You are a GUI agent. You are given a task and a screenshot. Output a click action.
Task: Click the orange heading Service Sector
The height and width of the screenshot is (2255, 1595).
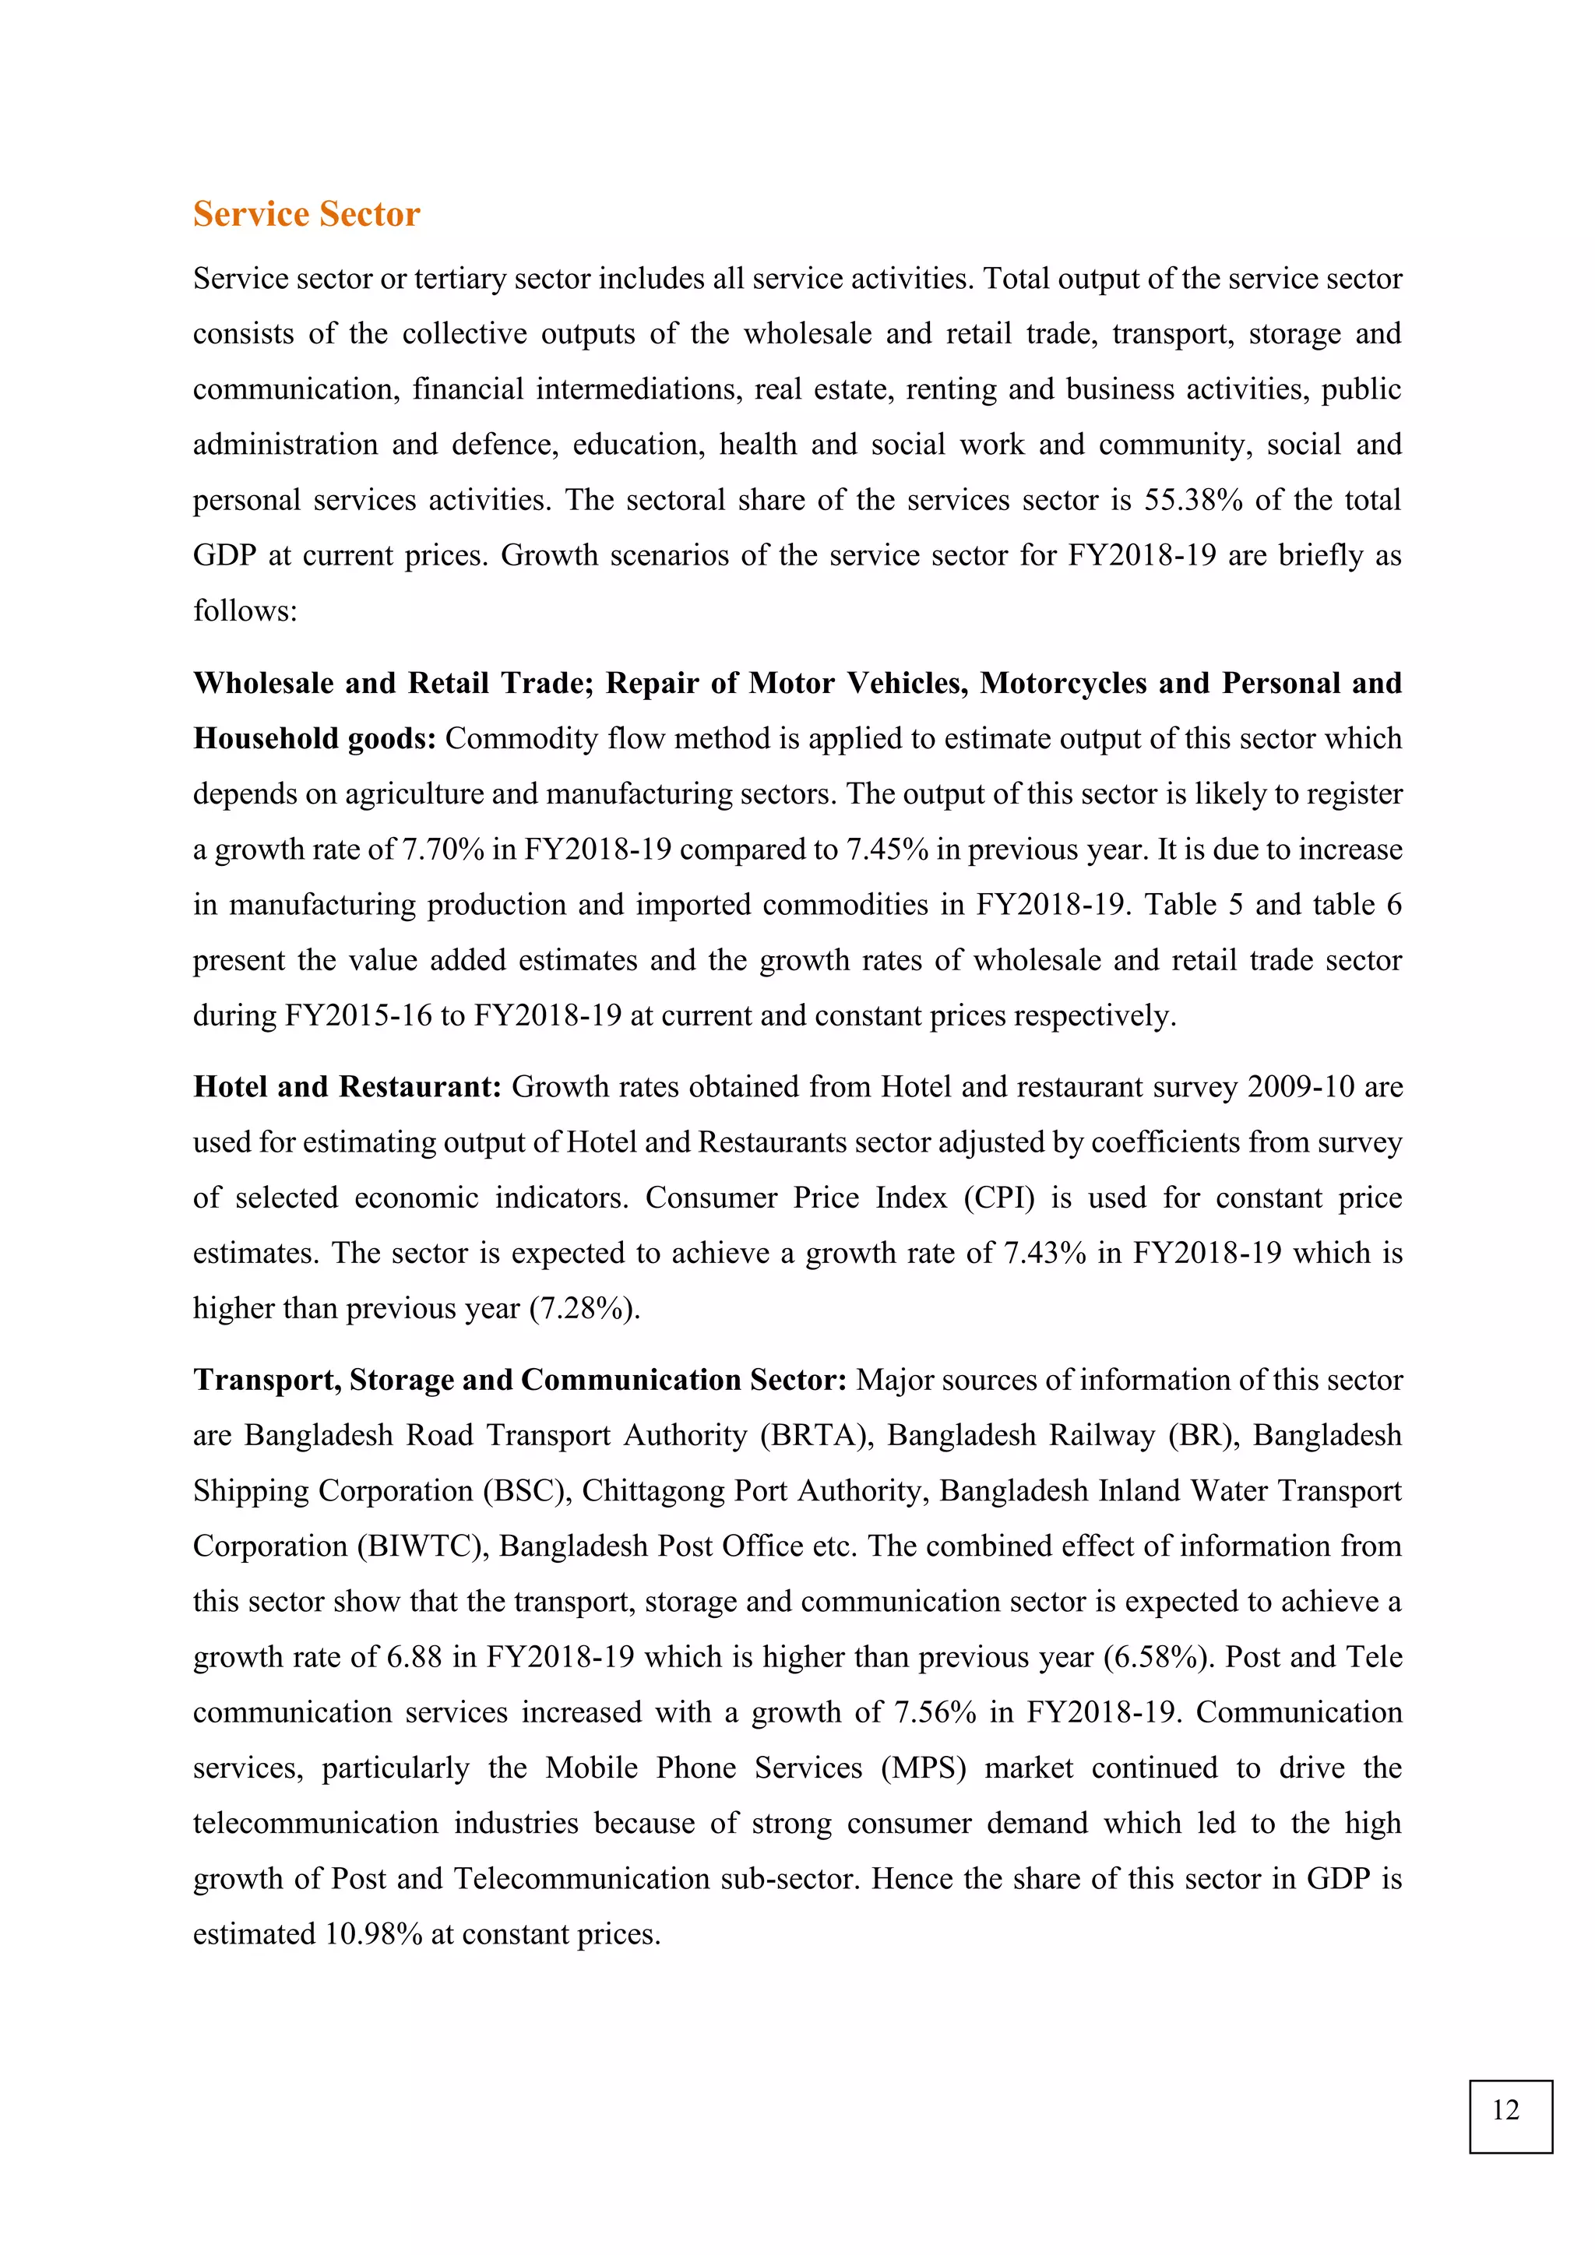point(305,214)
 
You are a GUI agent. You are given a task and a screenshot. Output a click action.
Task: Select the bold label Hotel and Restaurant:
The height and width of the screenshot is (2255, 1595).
point(347,1086)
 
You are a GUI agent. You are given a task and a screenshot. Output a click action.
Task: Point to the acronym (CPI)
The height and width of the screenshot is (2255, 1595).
point(999,1198)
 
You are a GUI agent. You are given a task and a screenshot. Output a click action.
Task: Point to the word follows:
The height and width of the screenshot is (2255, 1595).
point(245,611)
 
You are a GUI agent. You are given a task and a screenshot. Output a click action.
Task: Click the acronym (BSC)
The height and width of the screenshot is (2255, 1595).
point(527,1491)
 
